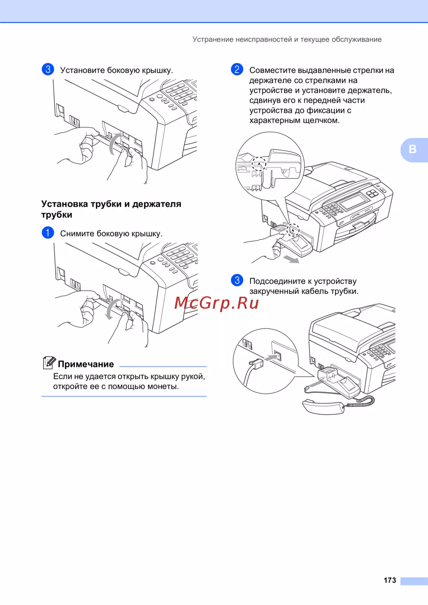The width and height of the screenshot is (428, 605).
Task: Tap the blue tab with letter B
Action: [414, 150]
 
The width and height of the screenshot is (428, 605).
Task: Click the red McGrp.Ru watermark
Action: [217, 303]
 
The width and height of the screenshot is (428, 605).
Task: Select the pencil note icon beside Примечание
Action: [49, 363]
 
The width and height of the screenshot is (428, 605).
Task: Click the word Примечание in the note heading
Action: [86, 364]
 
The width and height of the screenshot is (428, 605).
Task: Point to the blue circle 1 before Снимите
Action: [48, 233]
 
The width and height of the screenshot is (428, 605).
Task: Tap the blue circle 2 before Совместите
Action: [237, 69]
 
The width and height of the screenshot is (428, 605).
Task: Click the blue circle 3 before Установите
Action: [48, 69]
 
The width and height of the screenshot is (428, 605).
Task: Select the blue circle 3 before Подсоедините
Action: [237, 280]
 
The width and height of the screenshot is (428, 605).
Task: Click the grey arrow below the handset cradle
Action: [291, 259]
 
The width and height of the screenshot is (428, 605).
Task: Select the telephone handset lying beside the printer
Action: [324, 407]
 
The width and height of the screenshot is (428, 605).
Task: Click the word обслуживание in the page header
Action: [357, 39]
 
